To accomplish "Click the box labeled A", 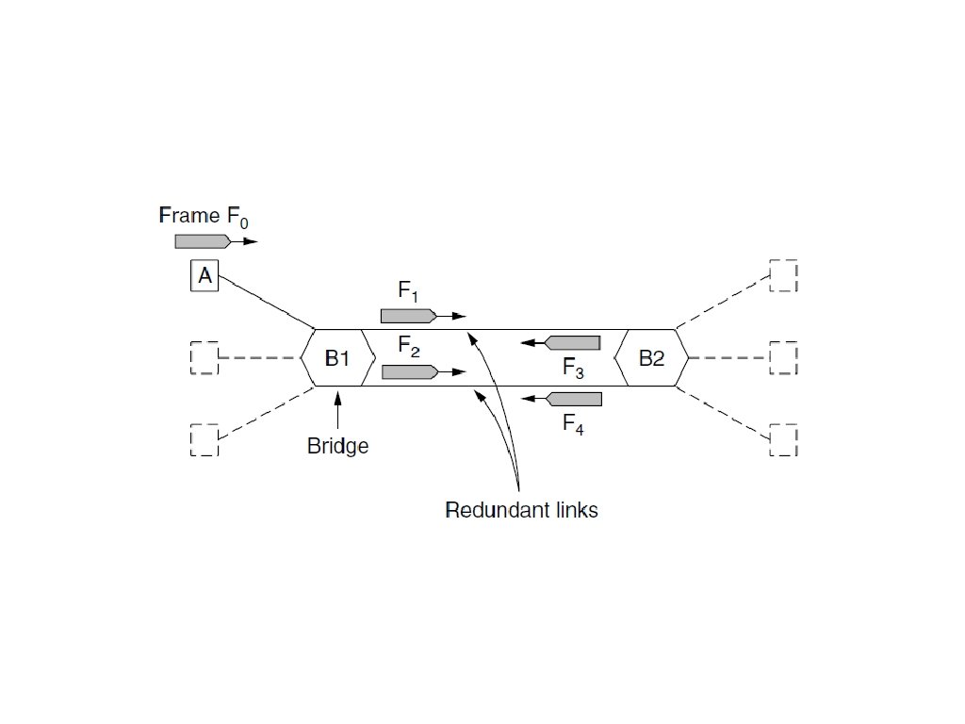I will coord(204,276).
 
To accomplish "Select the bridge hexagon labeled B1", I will coord(337,358).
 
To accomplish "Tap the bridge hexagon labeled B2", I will coord(651,358).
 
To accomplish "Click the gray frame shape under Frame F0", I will coord(204,241).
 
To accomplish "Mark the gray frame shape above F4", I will coord(573,399).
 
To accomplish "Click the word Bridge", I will coord(337,446).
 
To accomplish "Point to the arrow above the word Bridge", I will coord(337,411).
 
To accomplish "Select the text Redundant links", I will coord(521,511).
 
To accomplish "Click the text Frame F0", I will coord(204,216).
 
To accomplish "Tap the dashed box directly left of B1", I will coord(204,358).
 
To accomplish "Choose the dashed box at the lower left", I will coord(204,440).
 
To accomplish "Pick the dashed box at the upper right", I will coord(783,275).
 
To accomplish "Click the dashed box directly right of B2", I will coord(783,358).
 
